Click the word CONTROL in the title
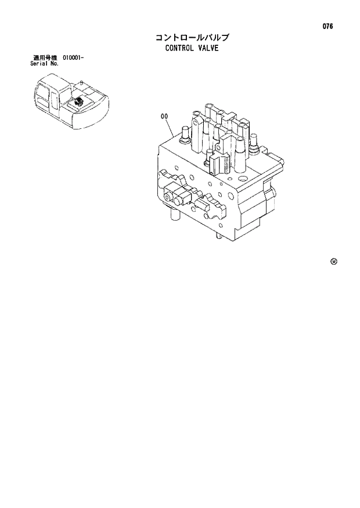180,49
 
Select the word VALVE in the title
207,49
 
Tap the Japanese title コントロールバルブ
191,38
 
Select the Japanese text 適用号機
45,58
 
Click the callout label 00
164,116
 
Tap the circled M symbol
333,261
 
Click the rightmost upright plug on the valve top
253,142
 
